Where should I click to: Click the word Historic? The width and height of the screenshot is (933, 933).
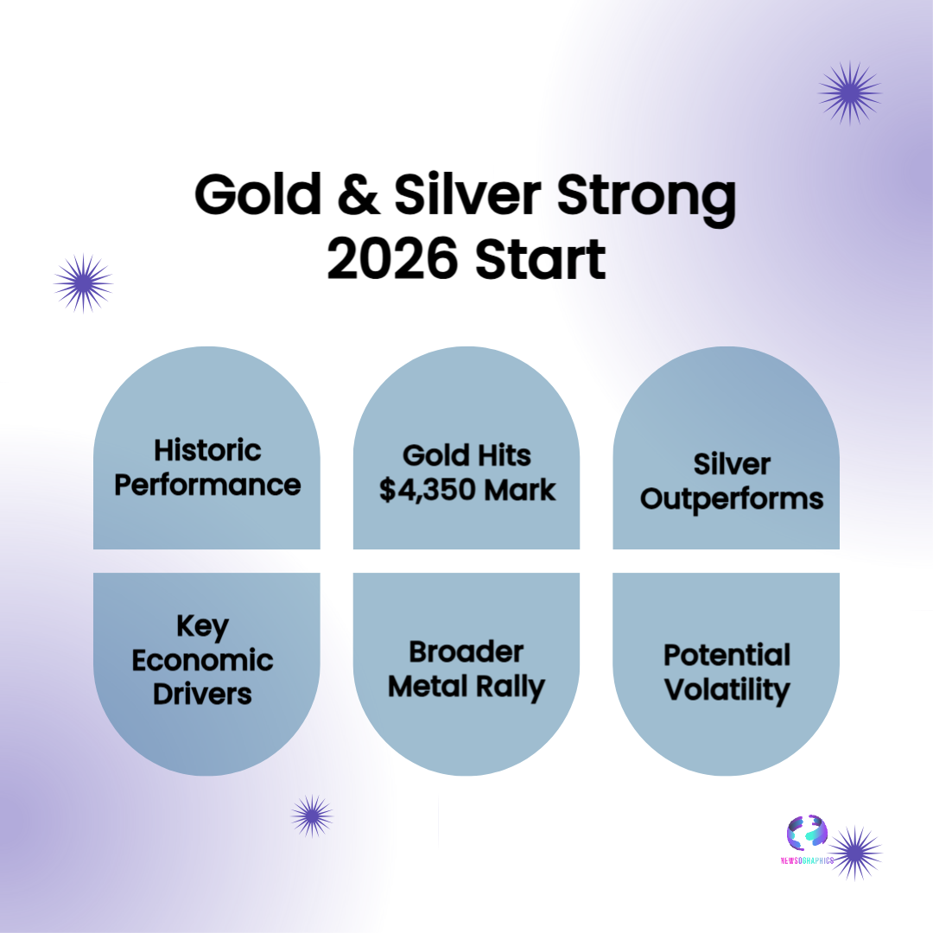click(x=207, y=450)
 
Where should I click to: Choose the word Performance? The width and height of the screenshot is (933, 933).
click(x=207, y=485)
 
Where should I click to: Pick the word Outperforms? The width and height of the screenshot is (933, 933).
click(x=732, y=499)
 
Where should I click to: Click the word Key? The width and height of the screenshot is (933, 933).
click(x=202, y=626)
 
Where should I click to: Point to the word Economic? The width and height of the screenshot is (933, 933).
click(x=202, y=661)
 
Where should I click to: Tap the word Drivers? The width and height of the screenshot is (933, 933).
click(x=202, y=694)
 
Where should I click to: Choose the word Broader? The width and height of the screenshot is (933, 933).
click(x=466, y=651)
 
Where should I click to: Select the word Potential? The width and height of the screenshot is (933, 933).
click(x=727, y=655)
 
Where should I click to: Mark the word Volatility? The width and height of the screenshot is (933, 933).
click(x=727, y=690)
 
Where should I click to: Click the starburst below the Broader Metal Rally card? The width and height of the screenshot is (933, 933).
click(x=312, y=816)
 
